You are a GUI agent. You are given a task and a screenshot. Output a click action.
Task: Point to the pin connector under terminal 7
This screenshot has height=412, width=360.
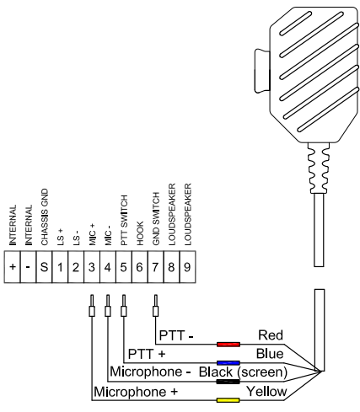pos(155,304)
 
